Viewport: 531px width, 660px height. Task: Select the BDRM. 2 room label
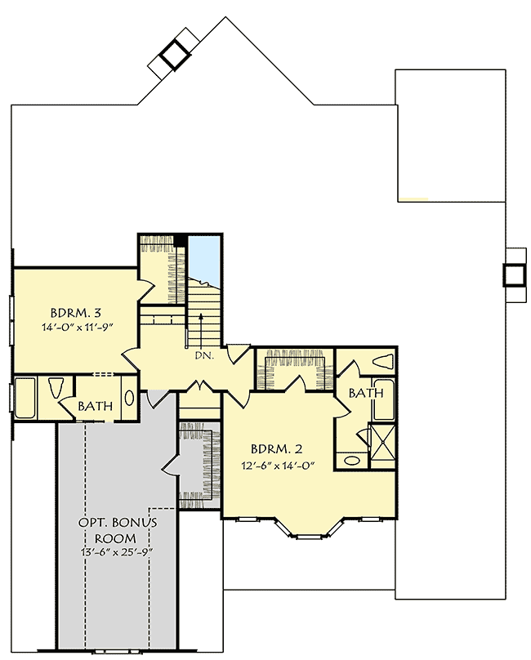pos(276,448)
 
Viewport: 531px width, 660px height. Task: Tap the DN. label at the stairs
pos(204,356)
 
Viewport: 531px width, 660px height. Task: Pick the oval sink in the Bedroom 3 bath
pos(129,399)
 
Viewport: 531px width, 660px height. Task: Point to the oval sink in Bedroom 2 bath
pos(351,461)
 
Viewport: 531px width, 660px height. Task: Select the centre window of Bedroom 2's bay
pos(308,536)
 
